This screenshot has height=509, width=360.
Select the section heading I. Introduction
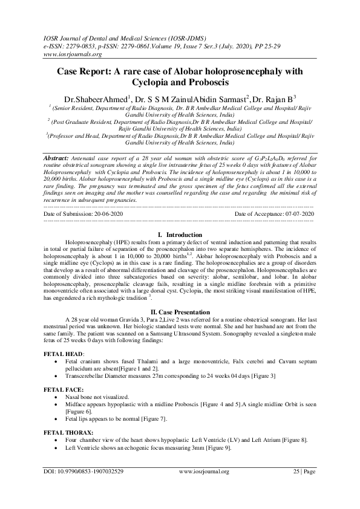[179, 233]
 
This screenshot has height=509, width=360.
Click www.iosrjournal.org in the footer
[204, 488]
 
